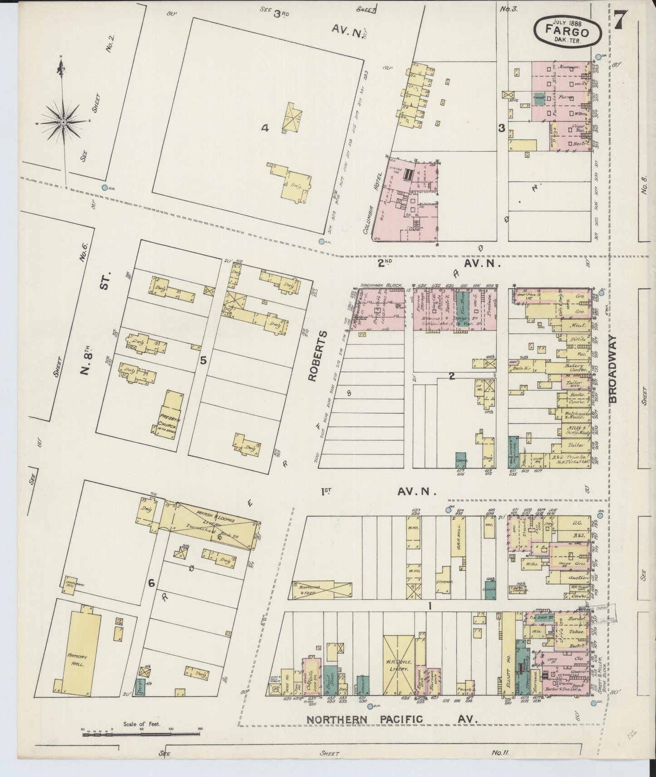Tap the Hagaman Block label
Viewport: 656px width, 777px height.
click(381, 285)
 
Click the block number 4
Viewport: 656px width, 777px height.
click(265, 129)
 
